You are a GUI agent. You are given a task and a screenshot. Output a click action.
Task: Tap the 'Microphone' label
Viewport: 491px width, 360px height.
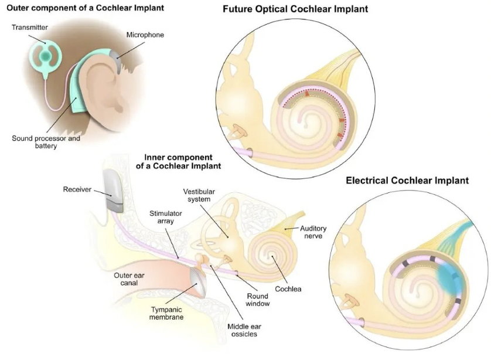point(144,35)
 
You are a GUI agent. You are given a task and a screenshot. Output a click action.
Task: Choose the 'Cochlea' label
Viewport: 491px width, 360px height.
point(288,288)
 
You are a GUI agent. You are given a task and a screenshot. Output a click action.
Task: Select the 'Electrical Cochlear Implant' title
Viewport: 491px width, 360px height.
point(407,180)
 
